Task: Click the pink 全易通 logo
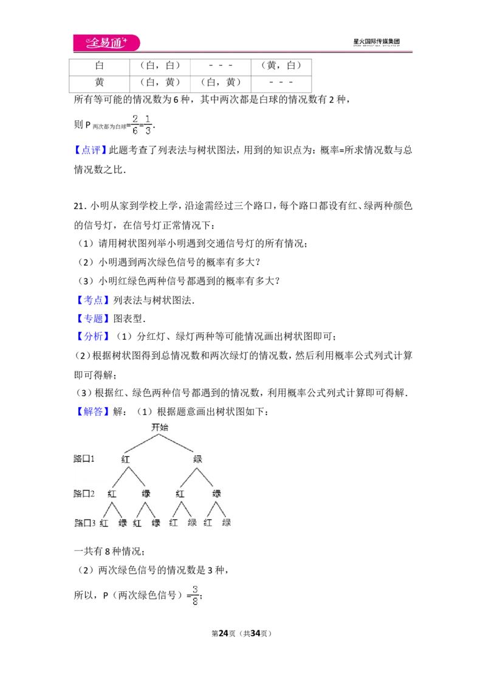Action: coord(106,43)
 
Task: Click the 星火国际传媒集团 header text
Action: coord(376,42)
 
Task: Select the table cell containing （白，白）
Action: coord(160,66)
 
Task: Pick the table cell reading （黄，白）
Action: coord(281,66)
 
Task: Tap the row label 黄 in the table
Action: coord(100,82)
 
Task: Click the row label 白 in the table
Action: coord(100,66)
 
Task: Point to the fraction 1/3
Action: coord(148,125)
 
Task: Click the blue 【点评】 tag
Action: coord(90,150)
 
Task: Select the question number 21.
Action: coord(80,206)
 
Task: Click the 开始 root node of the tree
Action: coord(160,427)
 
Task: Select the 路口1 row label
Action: coord(84,458)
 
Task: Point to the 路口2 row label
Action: coord(84,494)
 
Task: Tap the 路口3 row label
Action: coord(84,523)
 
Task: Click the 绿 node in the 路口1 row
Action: coord(197,459)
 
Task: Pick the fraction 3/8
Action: coord(195,596)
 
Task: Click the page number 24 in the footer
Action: coord(224,633)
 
